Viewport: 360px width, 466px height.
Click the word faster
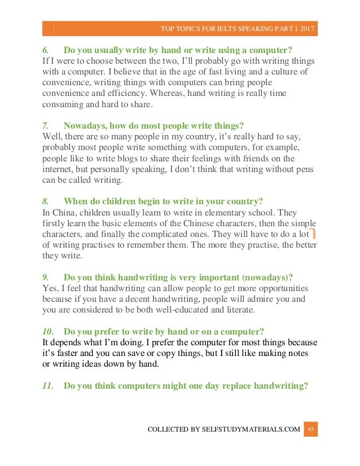tap(68, 353)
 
